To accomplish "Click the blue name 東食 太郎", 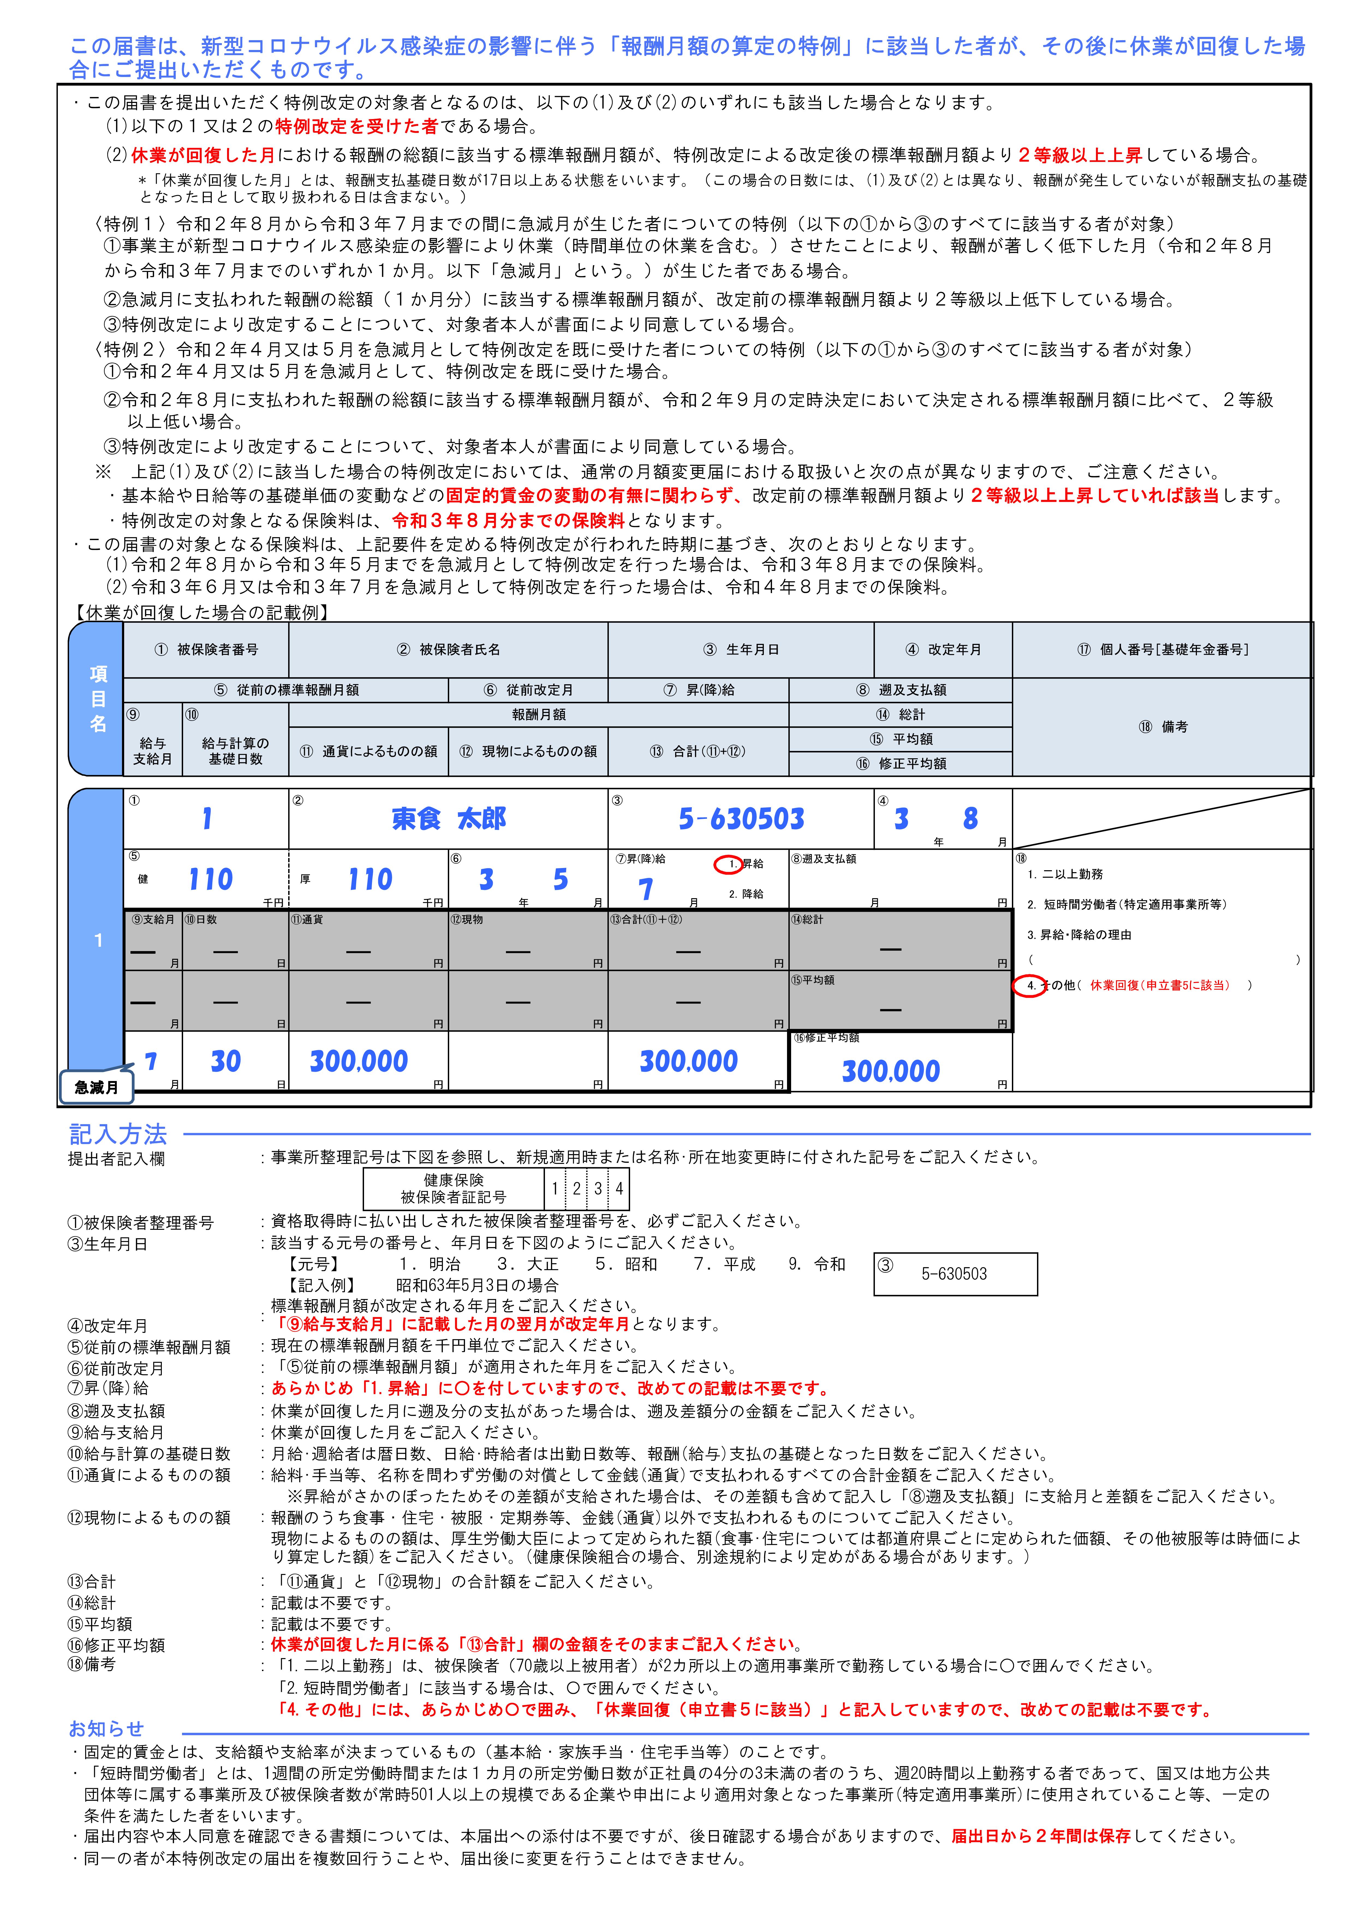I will click(449, 819).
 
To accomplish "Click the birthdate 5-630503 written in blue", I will click(741, 819).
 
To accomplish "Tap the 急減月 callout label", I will click(96, 1086).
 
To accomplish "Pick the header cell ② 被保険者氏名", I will click(448, 649).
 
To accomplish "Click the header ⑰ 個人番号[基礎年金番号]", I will click(1162, 649).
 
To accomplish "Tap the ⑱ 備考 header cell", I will click(1162, 727).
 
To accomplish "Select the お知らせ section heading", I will click(106, 1728).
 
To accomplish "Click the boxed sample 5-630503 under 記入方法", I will click(953, 1274).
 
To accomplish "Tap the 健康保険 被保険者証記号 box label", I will click(453, 1188).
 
